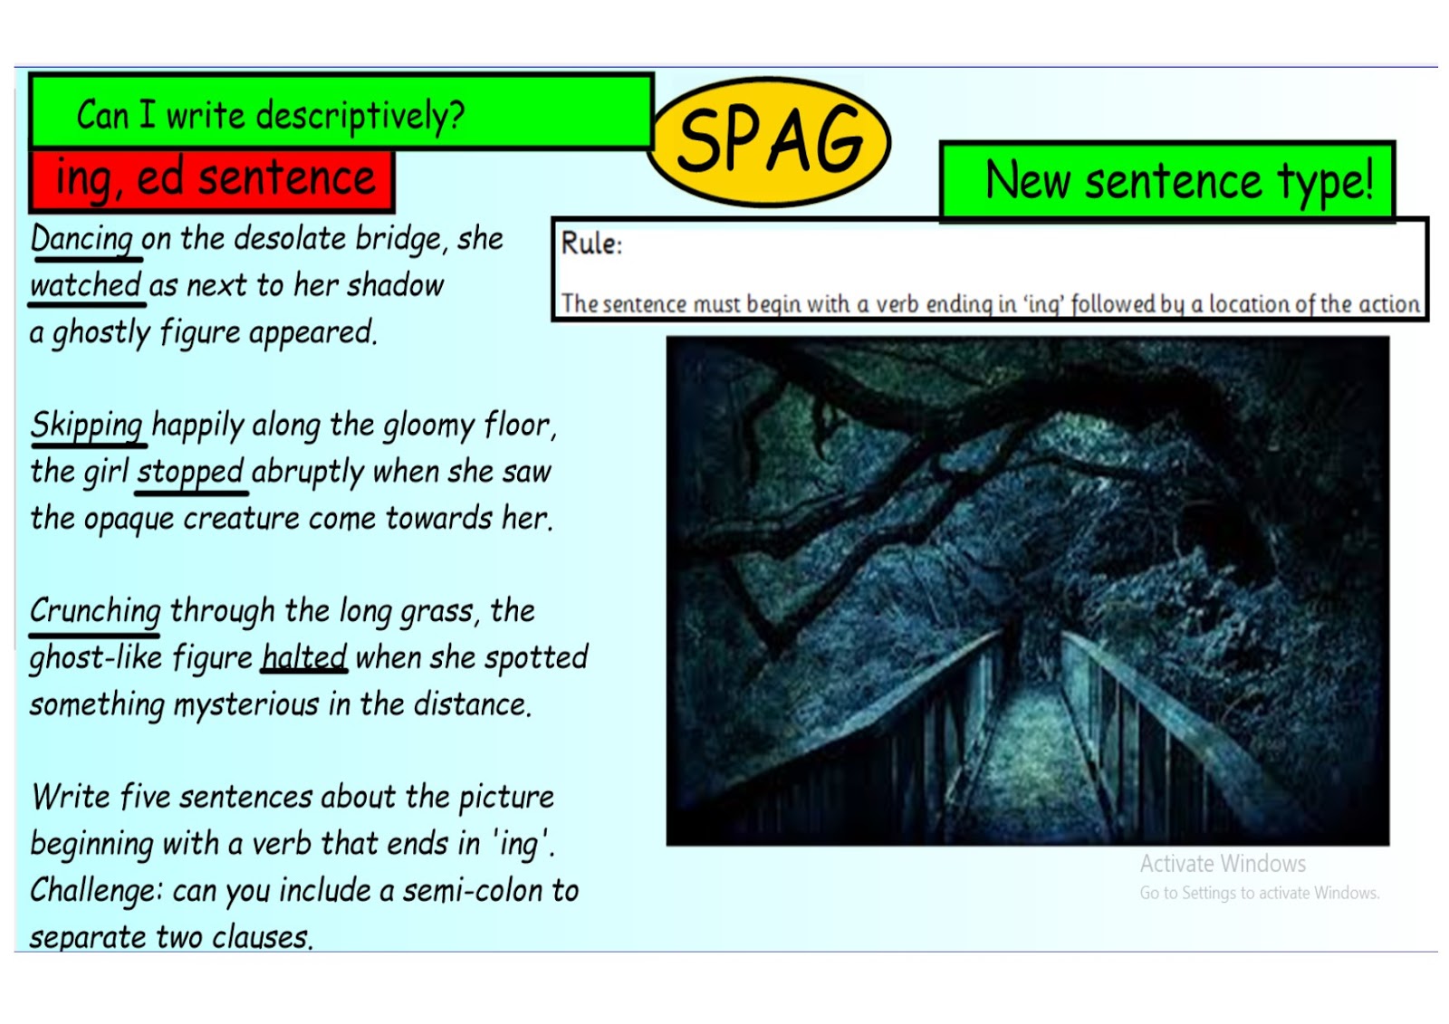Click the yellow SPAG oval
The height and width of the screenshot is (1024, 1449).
point(770,140)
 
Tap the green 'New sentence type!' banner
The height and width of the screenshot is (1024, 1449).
point(1168,179)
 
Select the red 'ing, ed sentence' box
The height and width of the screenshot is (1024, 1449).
point(212,178)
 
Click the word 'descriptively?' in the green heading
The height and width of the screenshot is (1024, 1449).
point(360,116)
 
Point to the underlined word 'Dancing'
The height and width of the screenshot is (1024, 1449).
point(82,239)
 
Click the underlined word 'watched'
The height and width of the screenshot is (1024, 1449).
point(85,286)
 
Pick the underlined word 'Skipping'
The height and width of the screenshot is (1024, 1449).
point(87,425)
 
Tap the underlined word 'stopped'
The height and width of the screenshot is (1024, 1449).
point(190,472)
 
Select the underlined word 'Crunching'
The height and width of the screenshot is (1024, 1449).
point(95,611)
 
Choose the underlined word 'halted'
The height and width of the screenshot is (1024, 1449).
point(304,657)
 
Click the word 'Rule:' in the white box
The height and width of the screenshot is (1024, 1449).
point(591,244)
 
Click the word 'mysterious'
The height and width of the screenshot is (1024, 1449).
point(246,704)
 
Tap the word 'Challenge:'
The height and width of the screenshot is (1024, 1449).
point(96,891)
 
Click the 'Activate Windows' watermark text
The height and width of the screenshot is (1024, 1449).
point(1223,864)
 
